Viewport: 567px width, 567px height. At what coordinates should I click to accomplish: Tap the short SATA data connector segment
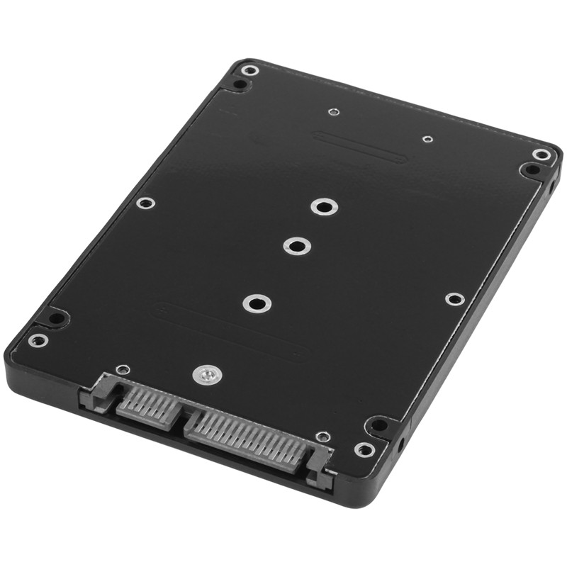tap(147, 405)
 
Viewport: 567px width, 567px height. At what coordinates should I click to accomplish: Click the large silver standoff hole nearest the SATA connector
tap(257, 303)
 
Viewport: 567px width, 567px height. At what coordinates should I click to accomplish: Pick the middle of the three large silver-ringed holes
tap(296, 246)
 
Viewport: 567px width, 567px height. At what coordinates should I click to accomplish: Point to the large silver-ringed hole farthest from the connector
tap(324, 207)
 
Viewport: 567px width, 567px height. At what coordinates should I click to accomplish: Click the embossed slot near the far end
tap(360, 147)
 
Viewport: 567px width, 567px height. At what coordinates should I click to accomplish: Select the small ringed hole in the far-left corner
tap(249, 69)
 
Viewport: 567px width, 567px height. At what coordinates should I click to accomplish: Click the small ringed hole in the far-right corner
tap(541, 155)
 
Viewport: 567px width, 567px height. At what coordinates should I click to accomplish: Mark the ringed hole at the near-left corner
tap(38, 339)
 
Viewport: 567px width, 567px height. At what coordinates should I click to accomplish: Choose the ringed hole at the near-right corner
tap(364, 449)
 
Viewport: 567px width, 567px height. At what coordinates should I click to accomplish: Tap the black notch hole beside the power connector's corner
tap(380, 426)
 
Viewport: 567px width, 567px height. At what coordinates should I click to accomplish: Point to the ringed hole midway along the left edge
tap(145, 203)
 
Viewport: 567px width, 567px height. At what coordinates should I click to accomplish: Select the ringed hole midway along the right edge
tap(454, 299)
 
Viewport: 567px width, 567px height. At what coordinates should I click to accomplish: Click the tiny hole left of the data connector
tap(123, 369)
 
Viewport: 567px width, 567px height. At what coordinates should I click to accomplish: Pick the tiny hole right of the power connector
tap(323, 437)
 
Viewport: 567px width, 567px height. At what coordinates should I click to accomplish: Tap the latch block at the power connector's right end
tap(320, 468)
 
